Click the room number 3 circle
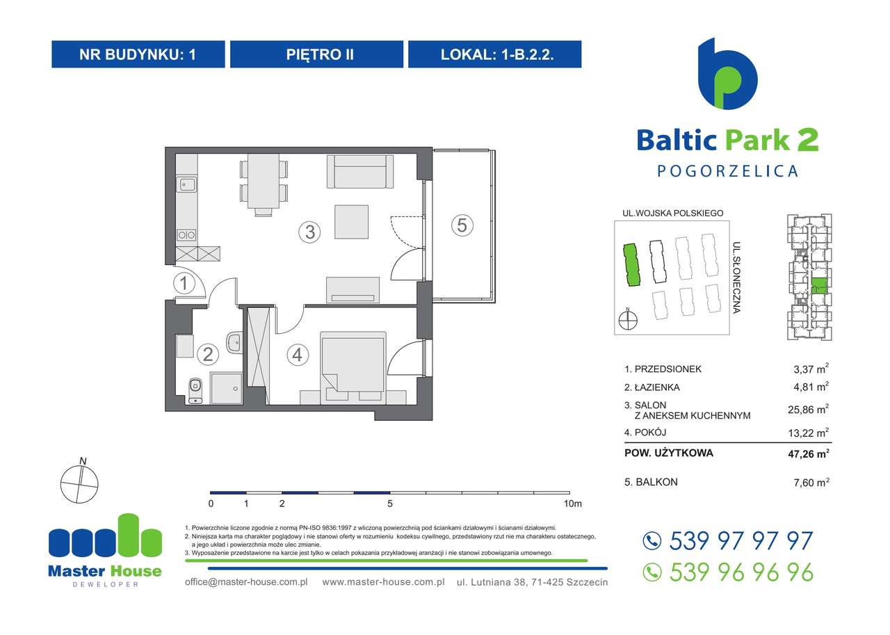309,232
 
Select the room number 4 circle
297,355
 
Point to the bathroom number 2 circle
207,355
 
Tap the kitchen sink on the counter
186,184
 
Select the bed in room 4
353,365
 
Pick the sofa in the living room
359,171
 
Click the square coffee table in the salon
352,221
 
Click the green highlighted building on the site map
631,265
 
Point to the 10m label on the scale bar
572,504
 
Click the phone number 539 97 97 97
741,540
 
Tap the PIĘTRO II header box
316,54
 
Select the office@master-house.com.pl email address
246,581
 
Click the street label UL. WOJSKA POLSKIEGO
673,214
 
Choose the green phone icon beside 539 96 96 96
652,572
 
